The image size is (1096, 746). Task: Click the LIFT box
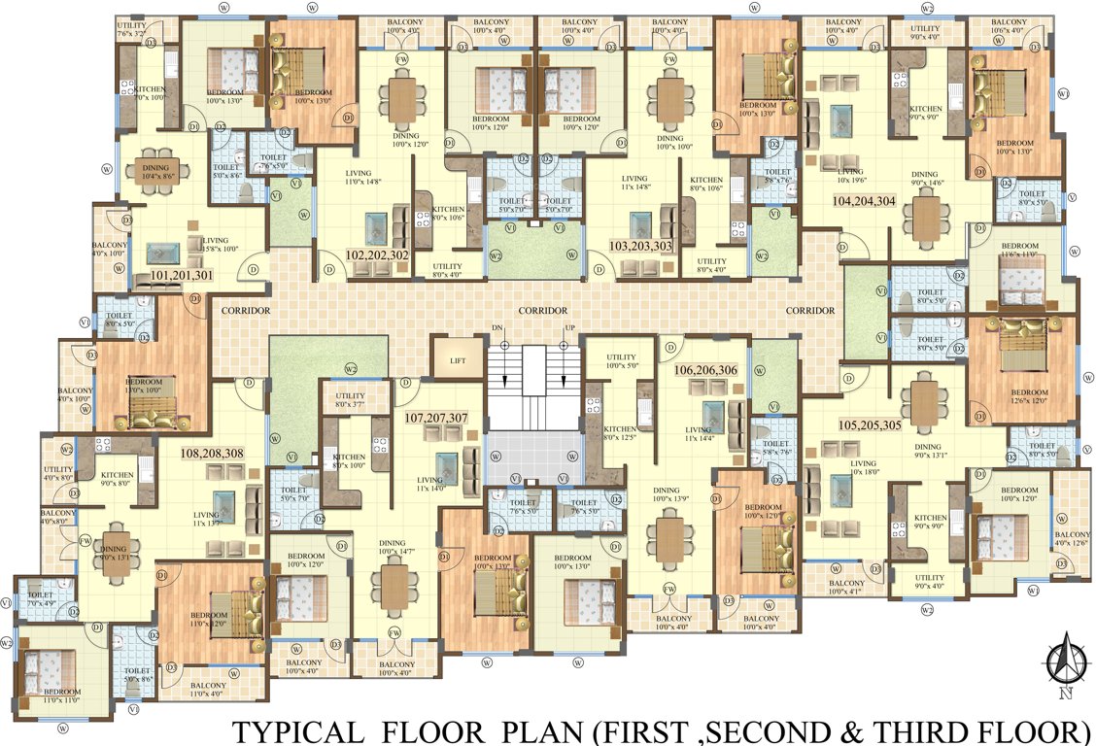458,359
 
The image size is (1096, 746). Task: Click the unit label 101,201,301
182,276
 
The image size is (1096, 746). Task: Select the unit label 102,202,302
376,255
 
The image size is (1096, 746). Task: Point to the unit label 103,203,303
639,246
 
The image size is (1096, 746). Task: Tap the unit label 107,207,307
436,419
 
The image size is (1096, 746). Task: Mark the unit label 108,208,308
212,452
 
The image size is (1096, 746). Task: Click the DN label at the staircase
497,327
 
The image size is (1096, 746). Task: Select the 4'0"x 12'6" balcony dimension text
1072,545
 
